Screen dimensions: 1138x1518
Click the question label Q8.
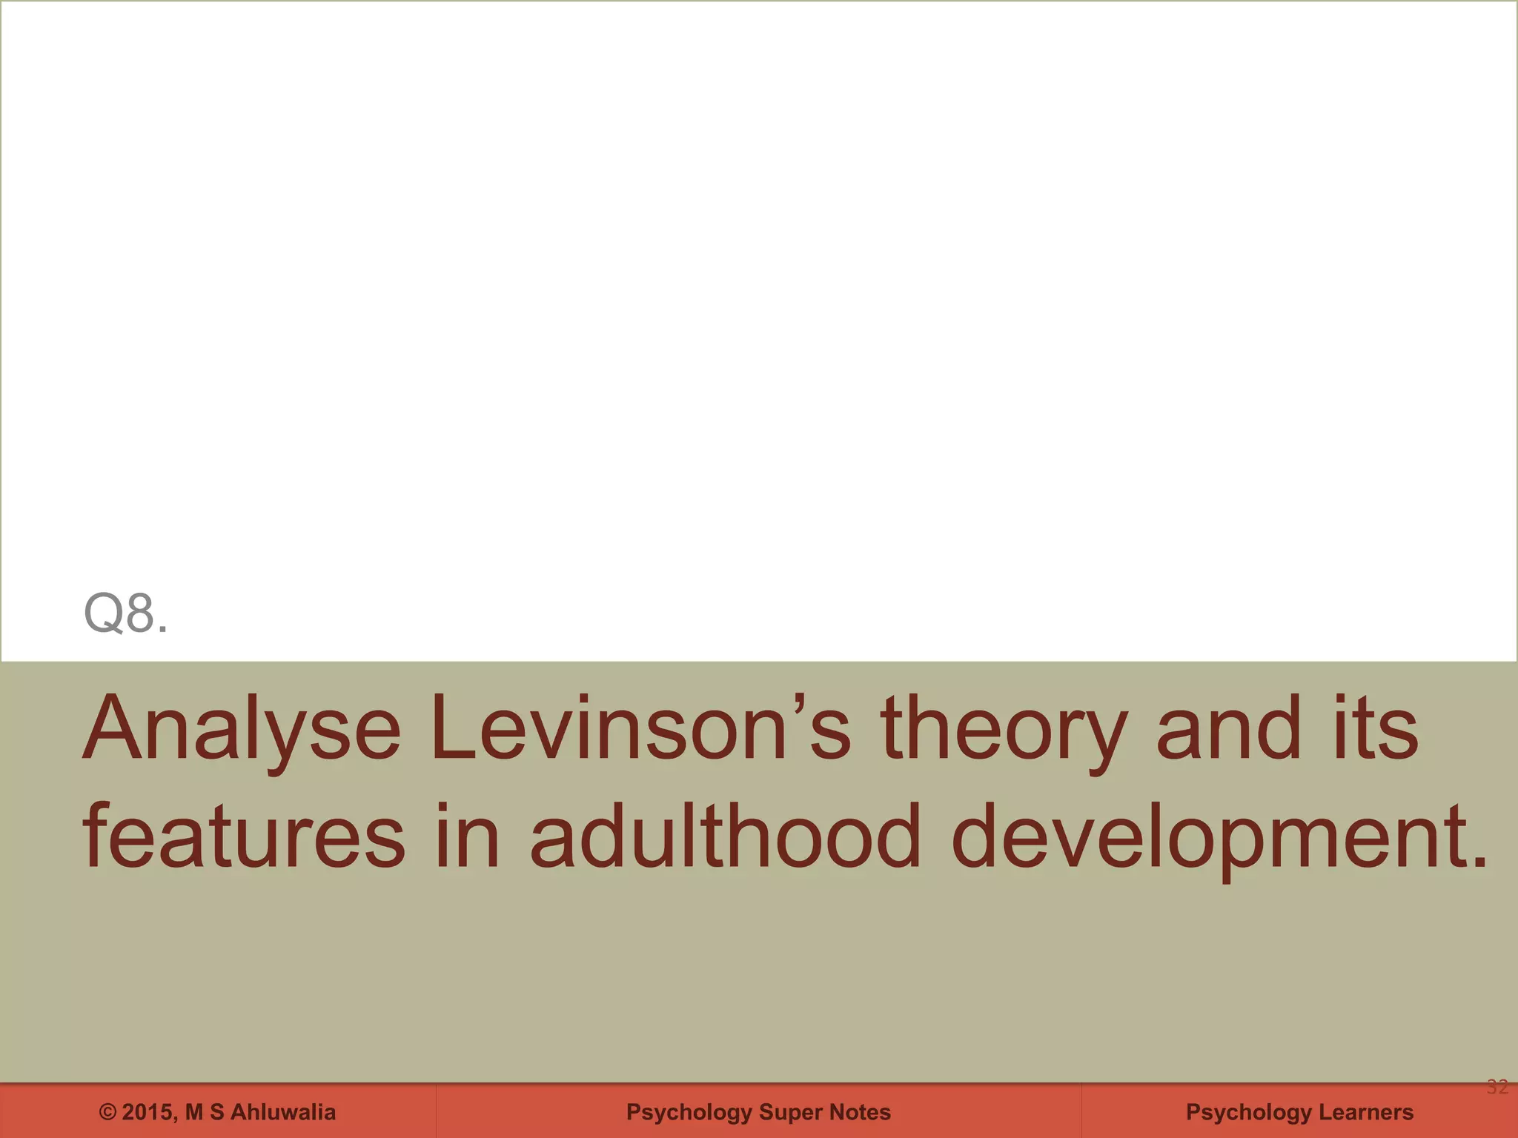click(125, 613)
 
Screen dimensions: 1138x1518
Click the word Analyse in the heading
click(242, 729)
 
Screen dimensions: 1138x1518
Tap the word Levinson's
click(640, 729)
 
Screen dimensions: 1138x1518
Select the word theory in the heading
click(1004, 729)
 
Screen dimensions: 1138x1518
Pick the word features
click(244, 837)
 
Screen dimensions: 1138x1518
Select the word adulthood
click(725, 837)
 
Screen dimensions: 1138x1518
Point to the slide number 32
click(1497, 1087)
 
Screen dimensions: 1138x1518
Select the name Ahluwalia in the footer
click(282, 1112)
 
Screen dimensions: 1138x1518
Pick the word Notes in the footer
click(860, 1112)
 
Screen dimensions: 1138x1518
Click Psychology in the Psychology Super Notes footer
click(689, 1112)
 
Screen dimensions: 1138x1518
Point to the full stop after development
click(1479, 862)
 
